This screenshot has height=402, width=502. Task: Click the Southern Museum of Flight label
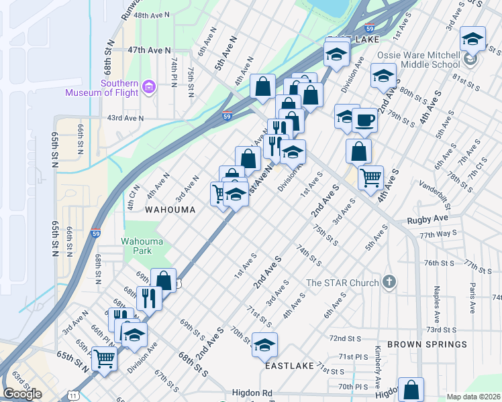point(101,88)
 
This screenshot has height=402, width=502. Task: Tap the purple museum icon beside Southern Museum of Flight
point(148,86)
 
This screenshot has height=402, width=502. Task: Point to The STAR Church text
point(342,283)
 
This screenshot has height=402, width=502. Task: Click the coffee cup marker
point(364,120)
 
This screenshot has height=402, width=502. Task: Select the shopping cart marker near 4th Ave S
point(370,178)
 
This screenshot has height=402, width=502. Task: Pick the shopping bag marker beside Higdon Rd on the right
point(411,389)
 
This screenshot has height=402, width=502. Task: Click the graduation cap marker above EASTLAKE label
point(264,345)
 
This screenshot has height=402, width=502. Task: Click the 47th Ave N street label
point(150,50)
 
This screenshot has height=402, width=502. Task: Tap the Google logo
point(22,394)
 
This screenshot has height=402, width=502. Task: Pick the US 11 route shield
point(72,397)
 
